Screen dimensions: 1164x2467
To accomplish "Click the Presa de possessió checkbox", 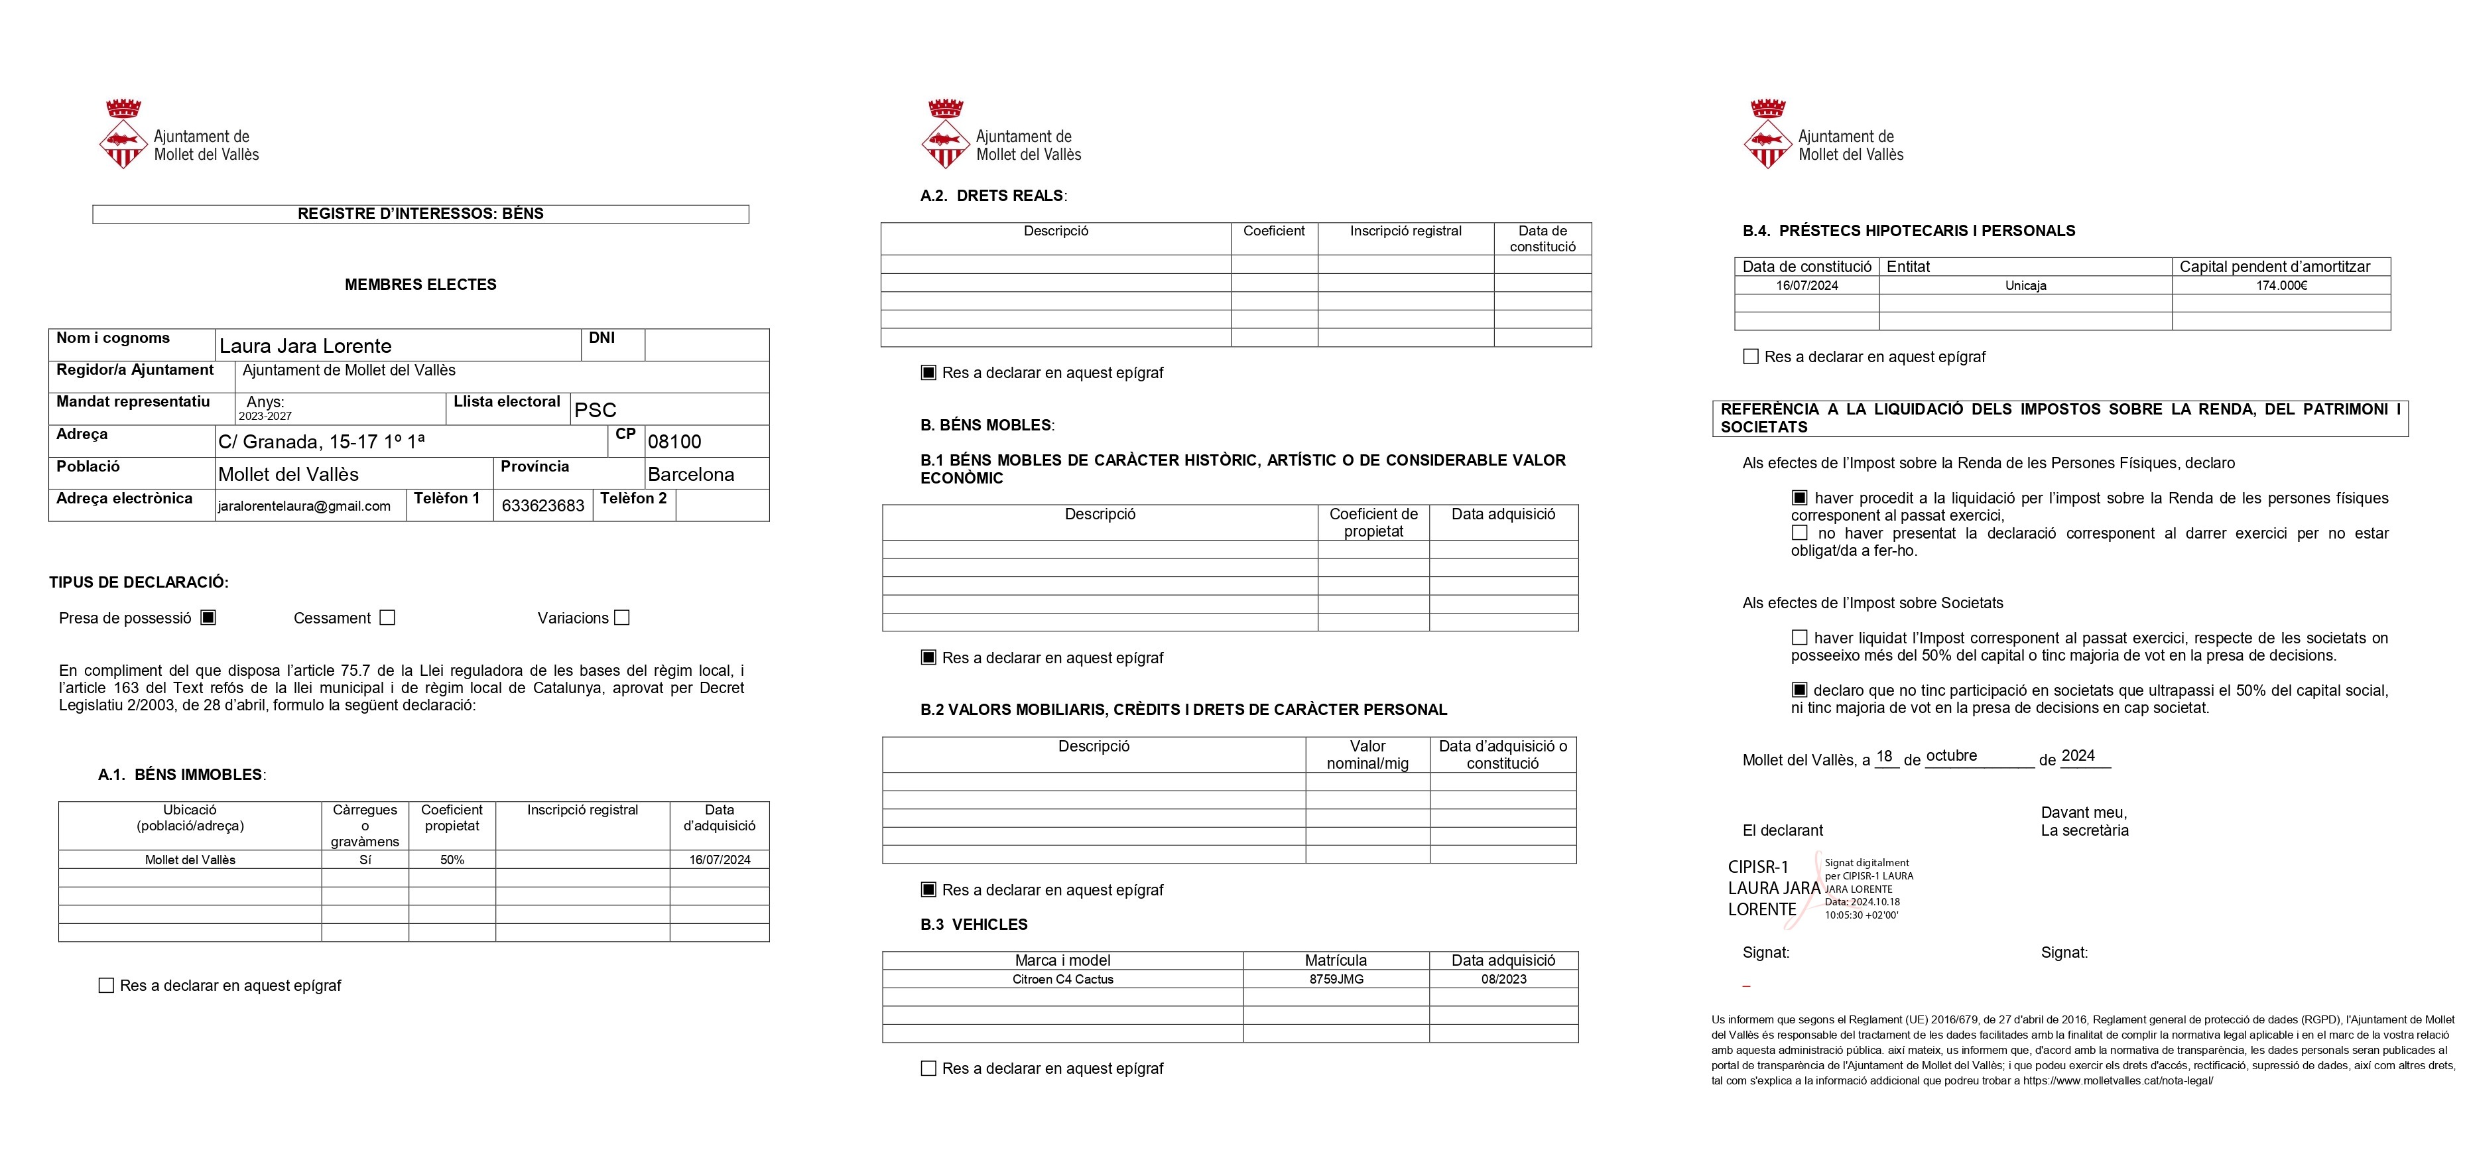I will coord(208,618).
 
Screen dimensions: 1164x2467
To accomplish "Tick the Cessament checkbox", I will coord(387,618).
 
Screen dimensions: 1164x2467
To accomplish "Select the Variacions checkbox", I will coord(621,618).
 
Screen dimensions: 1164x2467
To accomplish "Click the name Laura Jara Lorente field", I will coord(306,346).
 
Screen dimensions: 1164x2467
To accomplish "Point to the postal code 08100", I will coord(674,442).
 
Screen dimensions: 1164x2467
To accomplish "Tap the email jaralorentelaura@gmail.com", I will coord(304,506).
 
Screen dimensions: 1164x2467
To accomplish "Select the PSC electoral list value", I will coord(595,410).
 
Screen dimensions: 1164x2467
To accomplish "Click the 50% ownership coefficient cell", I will coord(452,860).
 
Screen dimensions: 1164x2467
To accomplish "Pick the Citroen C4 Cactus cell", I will coord(1062,979).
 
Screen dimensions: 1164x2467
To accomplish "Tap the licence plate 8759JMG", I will coord(1336,979).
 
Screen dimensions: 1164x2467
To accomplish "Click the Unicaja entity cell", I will coord(2025,285).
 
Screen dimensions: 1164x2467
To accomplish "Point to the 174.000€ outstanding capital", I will coord(2281,285).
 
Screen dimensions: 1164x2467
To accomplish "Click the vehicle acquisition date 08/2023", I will coord(1503,979).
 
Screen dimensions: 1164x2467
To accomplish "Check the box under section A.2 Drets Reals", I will coord(928,373).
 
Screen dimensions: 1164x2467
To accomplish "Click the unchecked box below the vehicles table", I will coord(928,1068).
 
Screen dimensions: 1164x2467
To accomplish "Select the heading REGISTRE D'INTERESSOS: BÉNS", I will coord(420,214).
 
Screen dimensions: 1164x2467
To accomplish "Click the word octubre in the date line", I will coord(1951,756).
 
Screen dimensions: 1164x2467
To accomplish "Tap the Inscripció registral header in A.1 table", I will coord(582,810).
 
